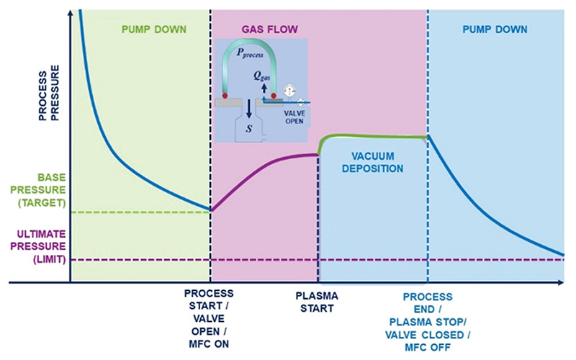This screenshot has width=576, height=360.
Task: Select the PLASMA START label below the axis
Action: click(x=317, y=302)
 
